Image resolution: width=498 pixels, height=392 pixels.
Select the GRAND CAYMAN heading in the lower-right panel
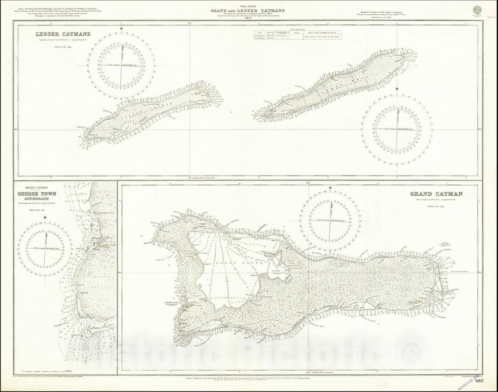coord(436,194)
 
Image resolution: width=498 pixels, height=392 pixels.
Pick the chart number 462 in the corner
coord(479,380)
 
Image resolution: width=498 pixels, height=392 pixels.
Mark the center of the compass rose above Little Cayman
coord(122,65)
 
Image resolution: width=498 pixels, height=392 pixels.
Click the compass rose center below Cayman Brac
coord(397,129)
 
